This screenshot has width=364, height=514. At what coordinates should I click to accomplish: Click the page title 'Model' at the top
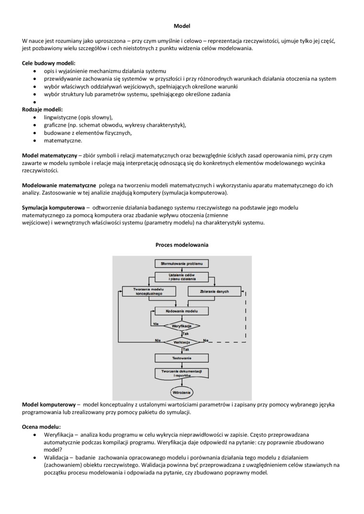[x=182, y=26]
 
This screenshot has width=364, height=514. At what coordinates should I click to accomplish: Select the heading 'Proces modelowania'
[x=182, y=245]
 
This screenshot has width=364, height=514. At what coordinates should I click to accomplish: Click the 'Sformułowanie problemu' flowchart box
[x=182, y=263]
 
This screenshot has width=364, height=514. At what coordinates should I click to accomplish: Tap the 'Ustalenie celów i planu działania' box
[x=182, y=277]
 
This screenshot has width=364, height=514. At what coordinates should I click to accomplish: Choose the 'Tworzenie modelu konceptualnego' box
[x=148, y=291]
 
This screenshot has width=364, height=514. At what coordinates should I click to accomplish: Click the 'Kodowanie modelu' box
[x=182, y=311]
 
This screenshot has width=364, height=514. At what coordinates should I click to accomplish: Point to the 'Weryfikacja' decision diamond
[x=182, y=326]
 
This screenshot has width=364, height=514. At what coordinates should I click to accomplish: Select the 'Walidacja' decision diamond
[x=182, y=342]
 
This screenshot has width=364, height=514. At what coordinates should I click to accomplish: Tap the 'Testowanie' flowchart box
[x=182, y=358]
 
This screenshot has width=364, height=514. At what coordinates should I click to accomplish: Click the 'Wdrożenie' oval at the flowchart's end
[x=182, y=393]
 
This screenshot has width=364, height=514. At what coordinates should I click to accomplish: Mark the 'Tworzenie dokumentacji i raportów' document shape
[x=182, y=373]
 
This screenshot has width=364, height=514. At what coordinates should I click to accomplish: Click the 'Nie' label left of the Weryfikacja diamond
[x=156, y=324]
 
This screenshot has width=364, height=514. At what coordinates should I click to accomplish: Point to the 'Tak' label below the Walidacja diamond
[x=186, y=350]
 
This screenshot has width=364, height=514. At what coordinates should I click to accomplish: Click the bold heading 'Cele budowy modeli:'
[x=49, y=63]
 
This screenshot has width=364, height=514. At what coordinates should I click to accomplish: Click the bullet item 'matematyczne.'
[x=63, y=141]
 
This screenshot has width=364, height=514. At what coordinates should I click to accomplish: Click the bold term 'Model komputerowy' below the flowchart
[x=49, y=405]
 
